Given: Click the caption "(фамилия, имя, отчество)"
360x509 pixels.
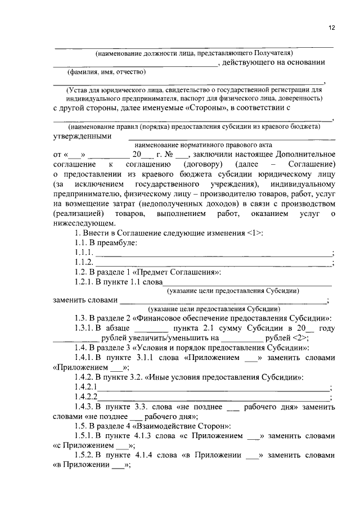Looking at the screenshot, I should coord(106,73).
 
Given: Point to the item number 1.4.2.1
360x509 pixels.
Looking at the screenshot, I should coord(85,387).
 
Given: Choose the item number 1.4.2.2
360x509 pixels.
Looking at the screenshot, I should coord(85,397).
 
